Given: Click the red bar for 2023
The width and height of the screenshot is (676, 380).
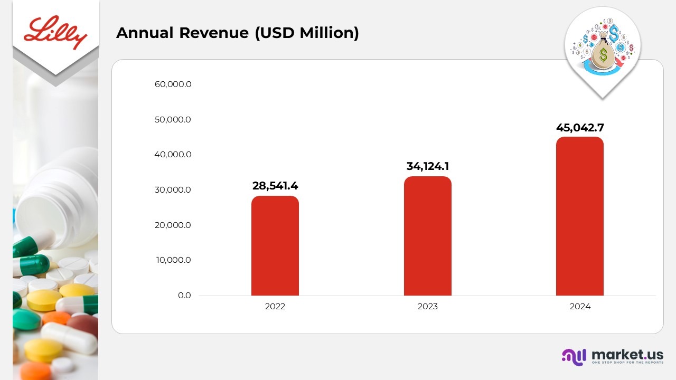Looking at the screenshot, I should pos(428,236).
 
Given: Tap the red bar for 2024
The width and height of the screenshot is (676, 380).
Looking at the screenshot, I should pos(579,216).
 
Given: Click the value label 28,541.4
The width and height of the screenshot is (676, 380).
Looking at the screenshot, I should pos(275,186).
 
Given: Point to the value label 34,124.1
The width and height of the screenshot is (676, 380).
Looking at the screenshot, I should pos(428,166).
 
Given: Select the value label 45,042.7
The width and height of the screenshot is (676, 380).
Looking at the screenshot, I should pos(580,127).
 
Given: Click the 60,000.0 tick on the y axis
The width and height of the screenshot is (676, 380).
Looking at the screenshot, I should pos(173,84).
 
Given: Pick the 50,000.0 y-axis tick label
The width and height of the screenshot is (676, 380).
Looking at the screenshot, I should pos(173,120).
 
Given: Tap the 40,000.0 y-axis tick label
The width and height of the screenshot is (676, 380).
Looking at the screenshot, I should pos(173,155).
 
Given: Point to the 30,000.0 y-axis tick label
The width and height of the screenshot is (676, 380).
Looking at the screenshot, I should pos(173,190).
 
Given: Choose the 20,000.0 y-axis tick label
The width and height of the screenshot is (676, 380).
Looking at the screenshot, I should pos(173,225).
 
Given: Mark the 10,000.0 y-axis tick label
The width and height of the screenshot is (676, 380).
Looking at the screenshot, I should pos(173,260).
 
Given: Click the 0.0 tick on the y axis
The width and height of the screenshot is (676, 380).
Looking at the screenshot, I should pos(184,296).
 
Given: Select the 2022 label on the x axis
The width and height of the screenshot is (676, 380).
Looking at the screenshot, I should pos(275,307).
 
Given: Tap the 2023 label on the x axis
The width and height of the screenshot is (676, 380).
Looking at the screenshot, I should pos(428,307).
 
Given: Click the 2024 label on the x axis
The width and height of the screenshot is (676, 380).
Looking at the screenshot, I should pos(580,307).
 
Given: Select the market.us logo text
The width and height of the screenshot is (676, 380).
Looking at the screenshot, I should pos(627,354).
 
